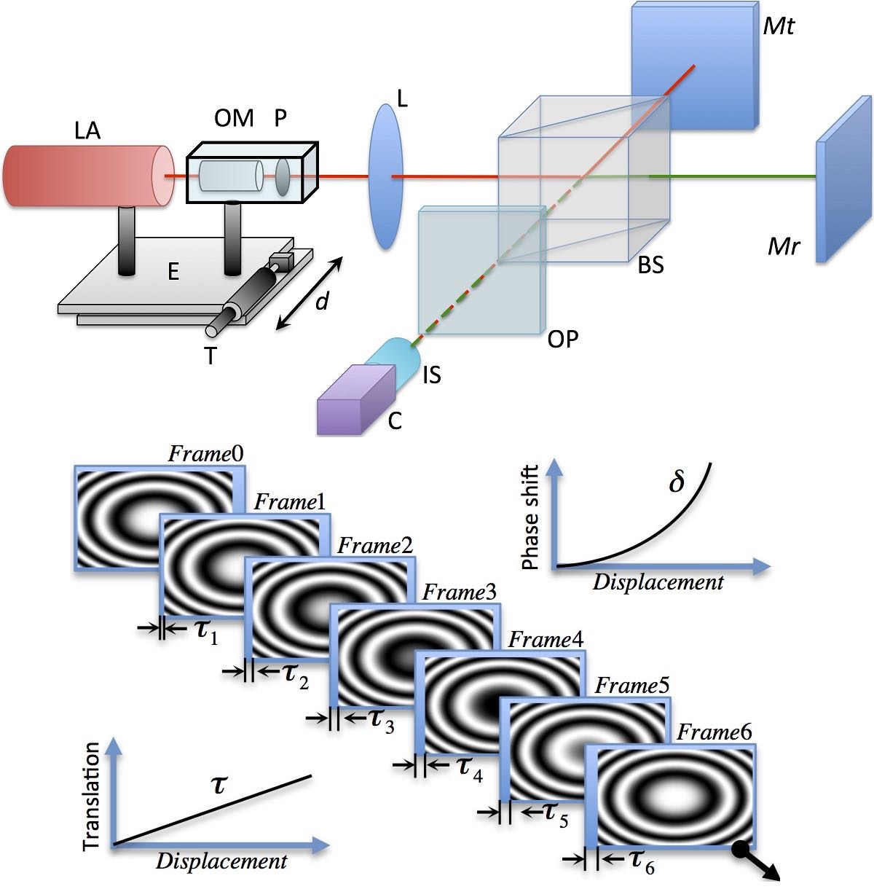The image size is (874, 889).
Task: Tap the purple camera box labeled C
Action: pos(353,409)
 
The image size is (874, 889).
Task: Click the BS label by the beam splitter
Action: pos(650,266)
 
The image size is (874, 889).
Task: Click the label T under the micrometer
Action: pos(212,356)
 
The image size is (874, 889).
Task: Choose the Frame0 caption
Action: pos(205,454)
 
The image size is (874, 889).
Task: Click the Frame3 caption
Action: pos(460,592)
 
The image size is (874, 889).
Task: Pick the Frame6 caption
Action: pos(714,732)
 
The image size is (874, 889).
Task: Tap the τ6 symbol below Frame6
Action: pos(642,862)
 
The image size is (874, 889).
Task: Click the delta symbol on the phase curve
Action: pos(677,482)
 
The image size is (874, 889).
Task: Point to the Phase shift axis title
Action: pos(531,517)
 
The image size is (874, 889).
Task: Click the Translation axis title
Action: pos(91,796)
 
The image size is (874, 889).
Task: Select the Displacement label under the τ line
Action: pos(221,861)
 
